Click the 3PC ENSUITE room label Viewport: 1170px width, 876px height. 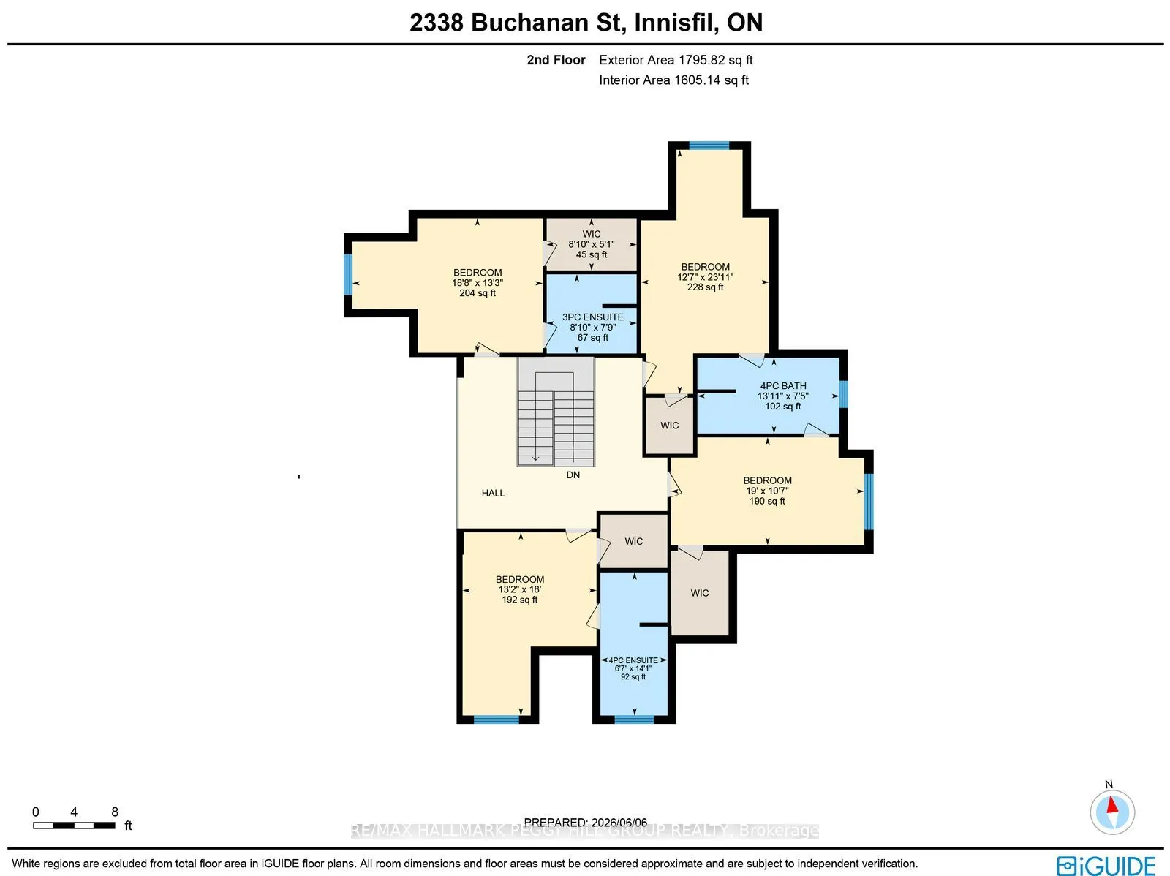coord(593,317)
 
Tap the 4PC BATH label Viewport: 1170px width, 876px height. coord(783,386)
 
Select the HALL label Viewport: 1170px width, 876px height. coord(493,494)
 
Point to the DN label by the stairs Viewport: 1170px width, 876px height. coord(573,475)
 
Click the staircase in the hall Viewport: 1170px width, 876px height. coord(556,412)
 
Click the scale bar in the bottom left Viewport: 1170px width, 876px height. coord(74,826)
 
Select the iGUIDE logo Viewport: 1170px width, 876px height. coord(1106,865)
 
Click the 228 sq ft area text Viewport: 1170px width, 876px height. coord(705,287)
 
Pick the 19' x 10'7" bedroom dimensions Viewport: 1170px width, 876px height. coord(767,491)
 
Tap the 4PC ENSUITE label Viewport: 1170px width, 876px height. coord(633,660)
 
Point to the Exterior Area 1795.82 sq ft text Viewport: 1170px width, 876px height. coord(676,60)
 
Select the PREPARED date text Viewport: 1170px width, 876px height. coord(586,823)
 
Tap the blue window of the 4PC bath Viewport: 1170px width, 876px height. coord(844,394)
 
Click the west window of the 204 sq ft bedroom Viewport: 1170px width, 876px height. coord(348,274)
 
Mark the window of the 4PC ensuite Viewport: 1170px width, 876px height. coord(634,720)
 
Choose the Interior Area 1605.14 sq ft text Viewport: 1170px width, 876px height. coord(673,80)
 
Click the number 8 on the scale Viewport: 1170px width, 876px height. coord(115,812)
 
